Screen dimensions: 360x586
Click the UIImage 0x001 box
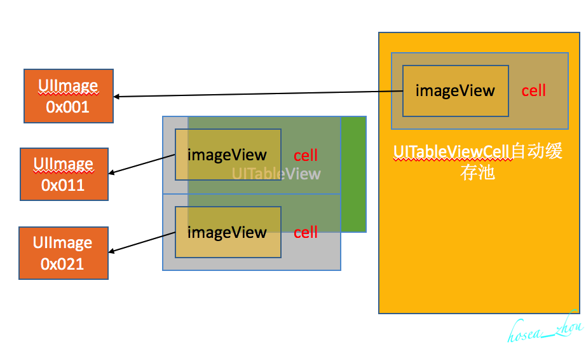tap(69, 95)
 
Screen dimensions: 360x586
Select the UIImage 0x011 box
tap(64, 174)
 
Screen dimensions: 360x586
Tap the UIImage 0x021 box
tap(64, 253)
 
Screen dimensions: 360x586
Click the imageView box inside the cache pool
tap(455, 91)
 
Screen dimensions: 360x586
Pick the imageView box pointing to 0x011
tap(228, 155)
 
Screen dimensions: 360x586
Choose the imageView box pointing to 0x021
tap(228, 232)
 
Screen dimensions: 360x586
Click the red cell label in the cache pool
tap(533, 91)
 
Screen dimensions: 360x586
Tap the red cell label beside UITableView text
tap(306, 156)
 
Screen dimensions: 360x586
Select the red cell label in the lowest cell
tap(306, 233)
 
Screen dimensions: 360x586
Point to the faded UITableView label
tap(276, 174)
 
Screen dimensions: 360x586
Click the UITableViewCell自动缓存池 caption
tap(477, 162)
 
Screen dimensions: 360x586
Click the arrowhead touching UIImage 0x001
tap(117, 97)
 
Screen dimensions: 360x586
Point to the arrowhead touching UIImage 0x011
tap(112, 172)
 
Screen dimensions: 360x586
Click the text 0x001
tap(67, 107)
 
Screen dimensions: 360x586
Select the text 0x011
tap(63, 185)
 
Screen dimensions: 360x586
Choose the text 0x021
tap(62, 263)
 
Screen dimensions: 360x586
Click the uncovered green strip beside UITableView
tap(354, 174)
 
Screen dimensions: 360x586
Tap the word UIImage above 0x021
tap(62, 242)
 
